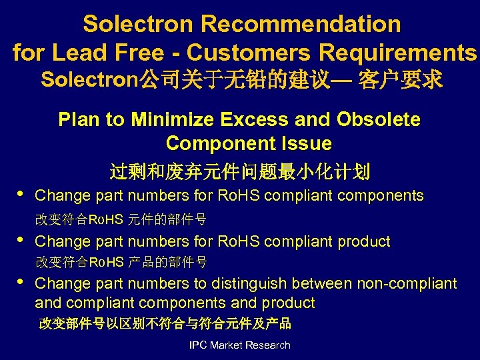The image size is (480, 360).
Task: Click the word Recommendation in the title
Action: click(301, 24)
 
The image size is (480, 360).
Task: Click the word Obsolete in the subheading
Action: click(379, 119)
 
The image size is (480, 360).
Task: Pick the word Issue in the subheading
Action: click(306, 143)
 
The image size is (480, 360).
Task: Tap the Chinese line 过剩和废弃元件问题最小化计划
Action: click(240, 172)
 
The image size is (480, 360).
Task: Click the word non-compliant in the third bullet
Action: click(407, 284)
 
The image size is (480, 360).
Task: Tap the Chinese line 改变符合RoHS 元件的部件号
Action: click(121, 219)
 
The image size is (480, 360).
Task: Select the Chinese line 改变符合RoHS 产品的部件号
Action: click(121, 261)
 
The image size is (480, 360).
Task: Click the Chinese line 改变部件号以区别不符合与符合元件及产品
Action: click(165, 324)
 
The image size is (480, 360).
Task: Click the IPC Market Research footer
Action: click(240, 345)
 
